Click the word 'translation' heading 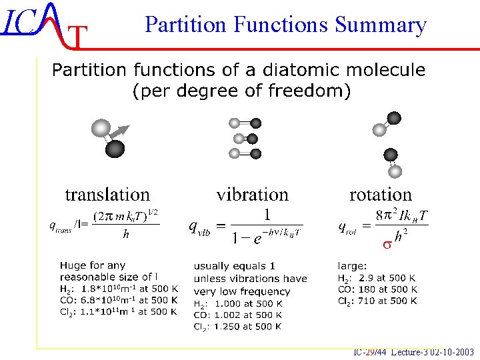point(107,195)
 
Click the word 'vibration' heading point(252,195)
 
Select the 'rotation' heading point(381,195)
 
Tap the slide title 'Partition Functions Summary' point(285,25)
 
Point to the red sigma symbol point(386,245)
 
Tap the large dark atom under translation point(115,148)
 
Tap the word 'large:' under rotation point(351,266)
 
